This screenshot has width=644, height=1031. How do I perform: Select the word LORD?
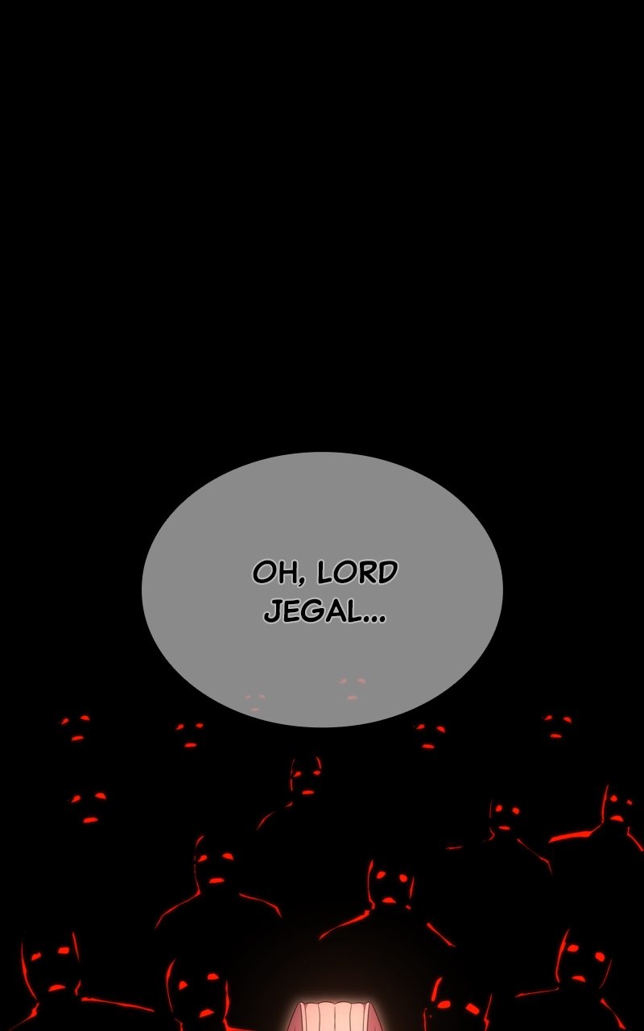coord(357,573)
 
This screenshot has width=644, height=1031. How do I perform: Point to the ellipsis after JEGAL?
coord(374,619)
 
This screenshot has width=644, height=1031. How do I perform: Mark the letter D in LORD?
coord(387,573)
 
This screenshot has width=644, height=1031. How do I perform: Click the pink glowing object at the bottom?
coord(332,1015)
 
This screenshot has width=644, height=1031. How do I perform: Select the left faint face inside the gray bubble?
coord(255,702)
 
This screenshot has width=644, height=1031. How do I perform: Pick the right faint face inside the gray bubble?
coord(353,688)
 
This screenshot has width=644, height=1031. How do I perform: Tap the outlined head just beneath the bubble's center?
coord(306,777)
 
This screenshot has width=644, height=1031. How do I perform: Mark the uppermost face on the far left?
coord(77,727)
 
